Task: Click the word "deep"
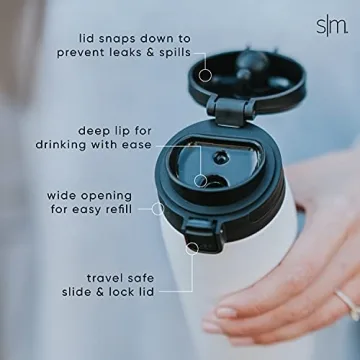(97, 129)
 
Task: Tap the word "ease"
(135, 145)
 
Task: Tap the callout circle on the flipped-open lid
(204, 73)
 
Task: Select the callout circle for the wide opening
(157, 209)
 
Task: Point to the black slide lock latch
(203, 240)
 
